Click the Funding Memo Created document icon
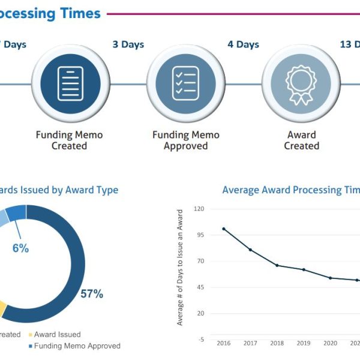(x=70, y=83)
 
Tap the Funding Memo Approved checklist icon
(x=185, y=83)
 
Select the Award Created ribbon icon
(x=301, y=83)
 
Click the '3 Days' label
(x=128, y=44)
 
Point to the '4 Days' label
(x=243, y=44)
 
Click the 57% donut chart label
(x=92, y=294)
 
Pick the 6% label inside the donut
(x=20, y=248)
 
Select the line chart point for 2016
(x=224, y=229)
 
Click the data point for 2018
(x=277, y=265)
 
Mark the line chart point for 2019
(x=304, y=270)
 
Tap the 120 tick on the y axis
(x=199, y=209)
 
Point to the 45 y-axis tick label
(x=201, y=287)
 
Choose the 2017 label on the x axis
(x=250, y=344)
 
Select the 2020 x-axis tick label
(x=330, y=344)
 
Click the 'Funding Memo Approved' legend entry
(x=77, y=346)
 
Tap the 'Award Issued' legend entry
(x=57, y=334)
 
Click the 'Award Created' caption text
(x=301, y=140)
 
